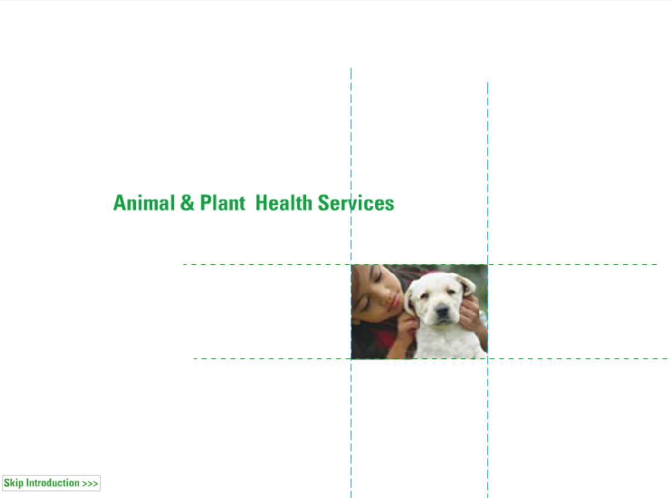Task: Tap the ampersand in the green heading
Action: click(187, 203)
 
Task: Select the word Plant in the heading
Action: click(223, 203)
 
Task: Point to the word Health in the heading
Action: click(284, 203)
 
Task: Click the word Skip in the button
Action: click(14, 483)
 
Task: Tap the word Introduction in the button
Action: click(53, 482)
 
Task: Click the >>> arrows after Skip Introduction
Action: click(91, 484)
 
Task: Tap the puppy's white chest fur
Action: click(445, 342)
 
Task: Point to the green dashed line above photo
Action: click(420, 264)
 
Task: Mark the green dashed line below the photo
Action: click(430, 359)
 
